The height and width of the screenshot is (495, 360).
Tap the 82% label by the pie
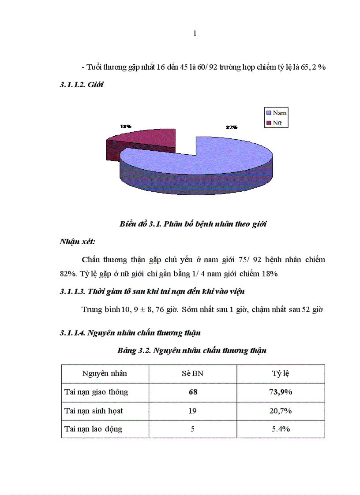tap(232, 127)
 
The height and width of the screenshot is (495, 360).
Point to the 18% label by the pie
tap(126, 126)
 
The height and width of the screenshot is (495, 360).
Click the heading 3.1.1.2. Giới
tap(82, 85)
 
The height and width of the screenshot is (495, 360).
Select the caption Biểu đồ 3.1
tap(193, 224)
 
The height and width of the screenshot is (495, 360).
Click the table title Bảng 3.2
tap(192, 351)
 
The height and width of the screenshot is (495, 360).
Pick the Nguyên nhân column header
tap(105, 373)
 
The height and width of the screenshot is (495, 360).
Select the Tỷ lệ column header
tap(280, 373)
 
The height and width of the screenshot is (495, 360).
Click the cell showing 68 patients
tap(192, 392)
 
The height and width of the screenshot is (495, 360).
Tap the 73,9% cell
tap(280, 392)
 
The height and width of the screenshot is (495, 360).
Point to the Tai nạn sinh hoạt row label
tap(94, 410)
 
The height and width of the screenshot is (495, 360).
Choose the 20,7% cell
tap(280, 410)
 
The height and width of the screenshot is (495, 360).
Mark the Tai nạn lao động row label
tap(93, 429)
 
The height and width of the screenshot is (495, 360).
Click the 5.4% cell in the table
tap(280, 429)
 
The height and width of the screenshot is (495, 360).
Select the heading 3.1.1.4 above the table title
tap(130, 333)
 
